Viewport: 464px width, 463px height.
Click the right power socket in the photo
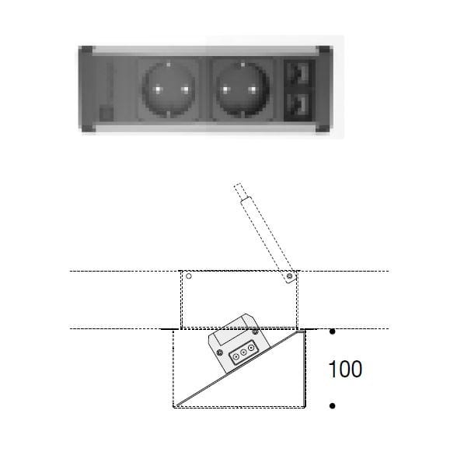tap(241, 89)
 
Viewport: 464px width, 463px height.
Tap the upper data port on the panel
tap(300, 73)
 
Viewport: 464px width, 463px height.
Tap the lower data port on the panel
tap(300, 105)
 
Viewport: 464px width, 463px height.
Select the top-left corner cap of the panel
tap(86, 50)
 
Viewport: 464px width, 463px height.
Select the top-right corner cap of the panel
tap(324, 50)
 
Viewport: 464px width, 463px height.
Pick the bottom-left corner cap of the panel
tap(87, 128)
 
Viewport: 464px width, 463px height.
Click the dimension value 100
tap(345, 369)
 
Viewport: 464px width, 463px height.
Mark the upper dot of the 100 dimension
tap(333, 332)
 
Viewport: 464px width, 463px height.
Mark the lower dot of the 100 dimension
tap(333, 405)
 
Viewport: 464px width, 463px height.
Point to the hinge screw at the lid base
tap(289, 276)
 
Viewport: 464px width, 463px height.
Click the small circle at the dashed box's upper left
tap(188, 275)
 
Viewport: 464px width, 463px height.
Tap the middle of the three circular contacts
tap(243, 353)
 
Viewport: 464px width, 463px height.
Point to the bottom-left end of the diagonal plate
tap(178, 405)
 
